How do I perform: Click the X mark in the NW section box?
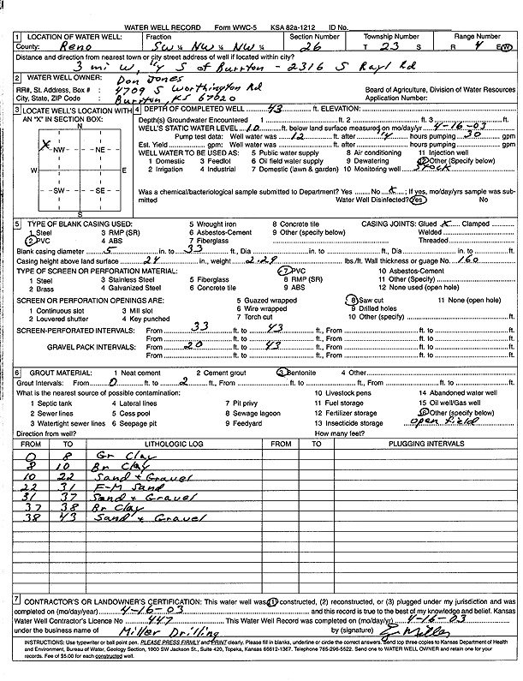click(44, 145)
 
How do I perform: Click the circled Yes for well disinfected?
click(418, 200)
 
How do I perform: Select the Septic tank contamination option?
click(52, 403)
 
